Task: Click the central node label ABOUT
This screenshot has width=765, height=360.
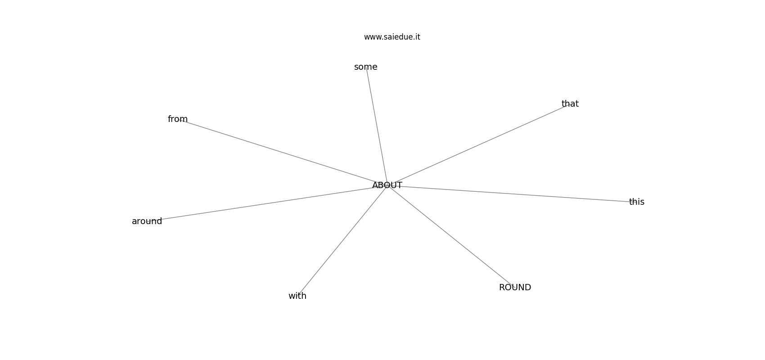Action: tap(387, 185)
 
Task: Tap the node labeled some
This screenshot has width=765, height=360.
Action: tap(366, 67)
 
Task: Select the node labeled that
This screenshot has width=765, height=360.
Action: tap(570, 104)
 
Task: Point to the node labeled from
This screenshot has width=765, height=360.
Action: tap(178, 119)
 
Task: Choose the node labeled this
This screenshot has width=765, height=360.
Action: tap(637, 202)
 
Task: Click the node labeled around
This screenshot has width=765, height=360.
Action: tap(147, 221)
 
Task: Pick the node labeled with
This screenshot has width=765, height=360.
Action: tap(297, 296)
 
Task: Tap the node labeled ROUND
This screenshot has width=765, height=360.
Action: tap(515, 288)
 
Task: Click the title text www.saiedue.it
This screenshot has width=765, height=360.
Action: tap(392, 37)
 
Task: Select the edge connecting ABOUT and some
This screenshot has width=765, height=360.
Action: tap(376, 126)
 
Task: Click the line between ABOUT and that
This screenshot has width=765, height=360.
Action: tap(478, 144)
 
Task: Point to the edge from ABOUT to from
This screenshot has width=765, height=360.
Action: tap(283, 153)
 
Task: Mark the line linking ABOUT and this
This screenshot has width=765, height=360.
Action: tap(512, 193)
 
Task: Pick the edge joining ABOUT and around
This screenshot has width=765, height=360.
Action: tap(267, 203)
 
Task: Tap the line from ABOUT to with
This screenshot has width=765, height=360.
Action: tap(342, 241)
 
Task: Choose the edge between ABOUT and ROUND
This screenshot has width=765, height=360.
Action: tap(451, 236)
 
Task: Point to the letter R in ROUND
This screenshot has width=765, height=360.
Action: tap(502, 288)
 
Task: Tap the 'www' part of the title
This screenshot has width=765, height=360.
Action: tap(372, 37)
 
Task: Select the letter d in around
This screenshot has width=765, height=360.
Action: tap(159, 221)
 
